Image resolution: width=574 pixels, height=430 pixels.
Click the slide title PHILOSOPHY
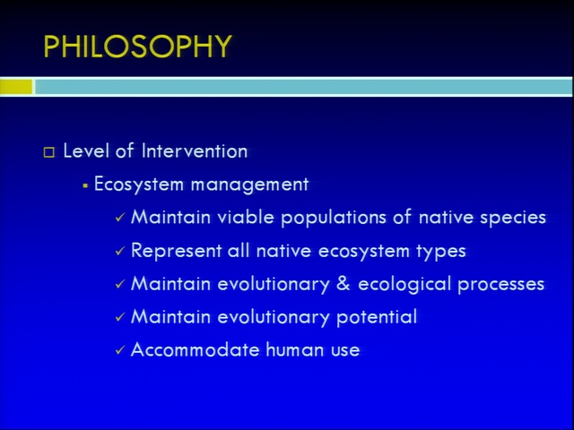click(x=137, y=47)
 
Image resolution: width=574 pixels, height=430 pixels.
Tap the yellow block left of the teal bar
click(x=16, y=87)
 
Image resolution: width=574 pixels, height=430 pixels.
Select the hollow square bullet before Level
click(x=49, y=152)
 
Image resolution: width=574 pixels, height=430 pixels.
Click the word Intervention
click(x=195, y=150)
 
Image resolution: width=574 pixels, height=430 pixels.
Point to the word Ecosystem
click(x=139, y=185)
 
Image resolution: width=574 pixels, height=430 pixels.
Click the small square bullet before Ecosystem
click(x=85, y=186)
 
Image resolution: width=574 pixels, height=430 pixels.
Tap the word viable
click(x=246, y=217)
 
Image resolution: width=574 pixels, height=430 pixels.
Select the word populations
click(x=334, y=218)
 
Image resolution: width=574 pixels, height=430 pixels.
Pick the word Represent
click(x=176, y=251)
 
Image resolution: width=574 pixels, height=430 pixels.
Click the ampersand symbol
click(x=343, y=284)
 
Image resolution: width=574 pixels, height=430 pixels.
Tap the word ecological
click(x=404, y=284)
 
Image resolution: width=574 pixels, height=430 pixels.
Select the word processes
click(x=500, y=285)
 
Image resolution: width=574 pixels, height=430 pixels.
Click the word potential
click(x=377, y=316)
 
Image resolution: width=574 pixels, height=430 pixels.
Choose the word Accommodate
click(x=196, y=349)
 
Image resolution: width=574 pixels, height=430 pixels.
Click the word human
click(x=295, y=349)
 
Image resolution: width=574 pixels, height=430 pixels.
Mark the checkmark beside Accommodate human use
click(x=120, y=350)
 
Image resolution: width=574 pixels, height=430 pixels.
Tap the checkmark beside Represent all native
click(x=120, y=252)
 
